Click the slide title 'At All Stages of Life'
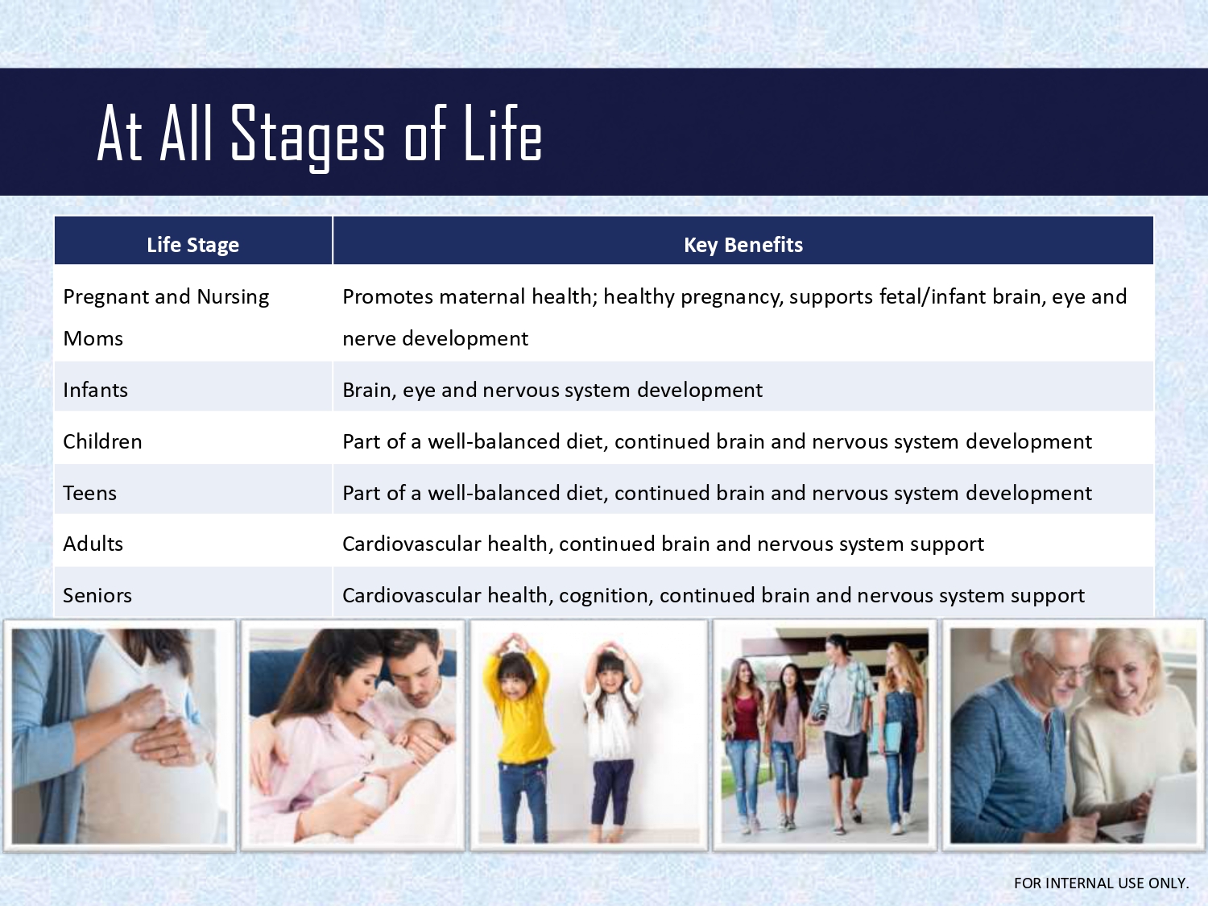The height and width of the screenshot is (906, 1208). [x=320, y=135]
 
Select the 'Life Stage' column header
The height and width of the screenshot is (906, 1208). [x=193, y=245]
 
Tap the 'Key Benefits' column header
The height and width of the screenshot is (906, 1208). [x=743, y=245]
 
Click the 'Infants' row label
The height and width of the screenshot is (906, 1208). [x=95, y=390]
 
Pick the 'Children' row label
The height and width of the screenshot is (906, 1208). [x=102, y=441]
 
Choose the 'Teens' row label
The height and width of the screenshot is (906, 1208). [x=89, y=493]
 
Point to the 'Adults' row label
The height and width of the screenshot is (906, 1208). [x=93, y=544]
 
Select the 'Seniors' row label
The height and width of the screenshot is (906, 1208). [x=97, y=595]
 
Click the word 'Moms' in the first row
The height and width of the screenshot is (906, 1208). [x=93, y=338]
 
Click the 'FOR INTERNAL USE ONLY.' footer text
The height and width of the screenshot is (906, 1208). [x=1101, y=883]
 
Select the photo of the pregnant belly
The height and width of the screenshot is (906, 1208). [x=119, y=735]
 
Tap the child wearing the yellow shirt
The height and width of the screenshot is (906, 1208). [x=518, y=737]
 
